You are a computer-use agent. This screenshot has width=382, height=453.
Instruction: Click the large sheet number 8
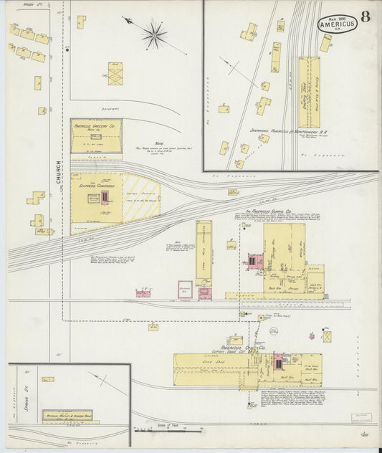(366, 17)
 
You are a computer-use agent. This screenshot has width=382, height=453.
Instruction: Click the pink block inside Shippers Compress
(105, 196)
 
